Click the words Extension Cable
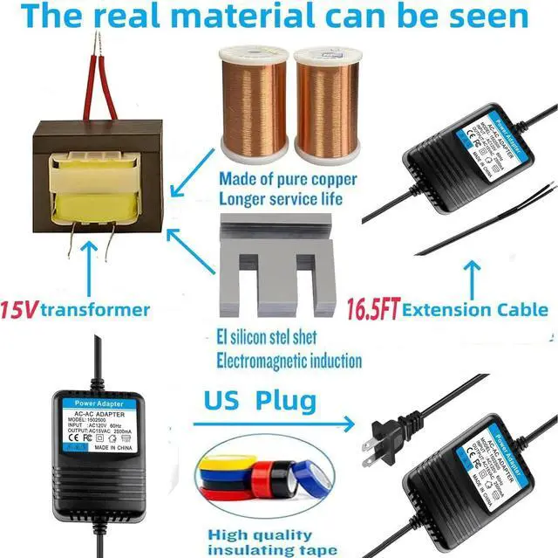pyautogui.click(x=475, y=308)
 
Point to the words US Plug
pyautogui.click(x=260, y=402)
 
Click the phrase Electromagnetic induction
pyautogui.click(x=289, y=360)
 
